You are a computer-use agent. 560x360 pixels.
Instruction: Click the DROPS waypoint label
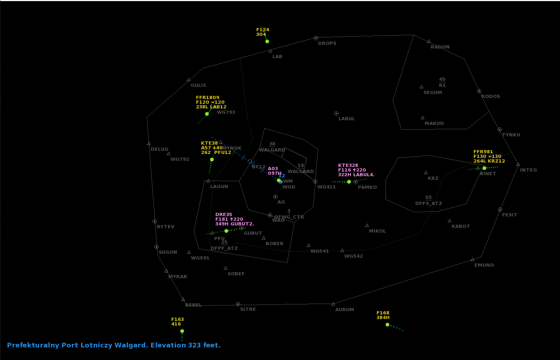point(327,43)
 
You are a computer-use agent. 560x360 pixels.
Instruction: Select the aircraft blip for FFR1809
point(207,114)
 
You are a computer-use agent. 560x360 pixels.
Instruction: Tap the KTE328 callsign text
point(348,165)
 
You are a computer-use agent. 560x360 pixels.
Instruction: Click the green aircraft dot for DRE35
point(226,231)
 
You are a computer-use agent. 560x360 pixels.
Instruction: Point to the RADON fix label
point(440,47)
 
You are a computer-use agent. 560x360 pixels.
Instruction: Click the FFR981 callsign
point(483,152)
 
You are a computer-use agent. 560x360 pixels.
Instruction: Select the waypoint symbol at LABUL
point(336,113)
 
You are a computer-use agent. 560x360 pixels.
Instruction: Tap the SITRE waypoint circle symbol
point(238,304)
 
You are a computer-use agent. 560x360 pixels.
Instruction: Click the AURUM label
point(345,310)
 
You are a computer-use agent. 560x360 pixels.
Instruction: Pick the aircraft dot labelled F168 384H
point(387,324)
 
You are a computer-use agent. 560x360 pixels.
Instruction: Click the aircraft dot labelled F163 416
point(182,331)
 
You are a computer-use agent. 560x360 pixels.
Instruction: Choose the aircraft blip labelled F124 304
point(267,41)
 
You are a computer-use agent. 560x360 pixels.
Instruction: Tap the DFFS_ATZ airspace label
point(429,204)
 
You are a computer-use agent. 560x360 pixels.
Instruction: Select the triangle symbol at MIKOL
point(367,225)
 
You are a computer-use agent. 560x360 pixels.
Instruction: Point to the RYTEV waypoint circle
point(155,221)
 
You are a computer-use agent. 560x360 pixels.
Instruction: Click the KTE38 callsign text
point(209,143)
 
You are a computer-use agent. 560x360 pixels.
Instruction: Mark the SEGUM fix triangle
point(421,87)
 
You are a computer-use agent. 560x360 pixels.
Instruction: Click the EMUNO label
point(484,265)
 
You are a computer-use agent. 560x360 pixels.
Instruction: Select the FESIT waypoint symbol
point(500,210)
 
